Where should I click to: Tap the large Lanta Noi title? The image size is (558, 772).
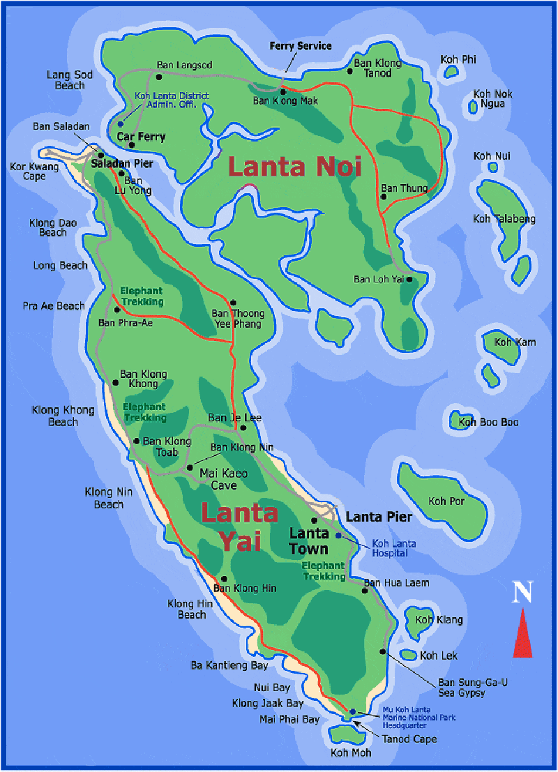[294, 167]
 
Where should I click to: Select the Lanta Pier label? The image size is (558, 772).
[379, 517]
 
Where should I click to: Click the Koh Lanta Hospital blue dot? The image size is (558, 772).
[338, 536]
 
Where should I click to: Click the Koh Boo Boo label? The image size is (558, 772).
[488, 422]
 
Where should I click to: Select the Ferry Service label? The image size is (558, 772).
[301, 46]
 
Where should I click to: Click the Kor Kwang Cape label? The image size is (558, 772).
[28, 172]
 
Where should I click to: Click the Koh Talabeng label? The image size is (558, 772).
[504, 219]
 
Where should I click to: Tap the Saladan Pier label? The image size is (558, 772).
[122, 162]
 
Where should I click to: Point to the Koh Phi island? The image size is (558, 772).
[451, 71]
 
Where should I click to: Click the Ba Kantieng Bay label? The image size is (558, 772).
[229, 665]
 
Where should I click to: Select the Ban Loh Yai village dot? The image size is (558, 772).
[410, 279]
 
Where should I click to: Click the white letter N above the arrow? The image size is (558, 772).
[522, 593]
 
